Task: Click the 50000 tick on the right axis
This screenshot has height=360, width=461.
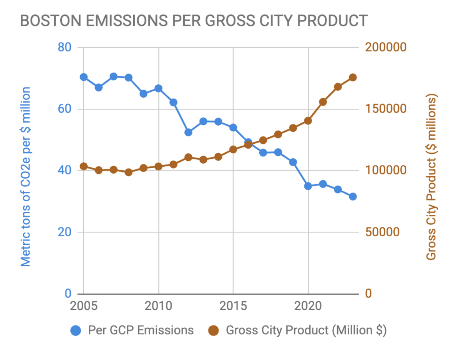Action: (381, 232)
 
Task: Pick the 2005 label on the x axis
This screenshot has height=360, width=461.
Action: (83, 307)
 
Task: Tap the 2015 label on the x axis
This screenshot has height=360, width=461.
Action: (233, 307)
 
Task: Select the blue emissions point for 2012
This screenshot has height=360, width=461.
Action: (188, 132)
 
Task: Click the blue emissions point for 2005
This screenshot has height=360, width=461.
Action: (83, 77)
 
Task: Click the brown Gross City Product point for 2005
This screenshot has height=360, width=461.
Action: (83, 166)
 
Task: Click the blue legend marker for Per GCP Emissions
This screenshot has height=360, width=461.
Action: (76, 330)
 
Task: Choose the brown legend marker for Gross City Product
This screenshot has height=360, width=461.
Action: (214, 330)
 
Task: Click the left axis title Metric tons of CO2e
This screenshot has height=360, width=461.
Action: (25, 177)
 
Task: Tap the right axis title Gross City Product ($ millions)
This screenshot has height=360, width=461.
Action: (432, 177)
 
